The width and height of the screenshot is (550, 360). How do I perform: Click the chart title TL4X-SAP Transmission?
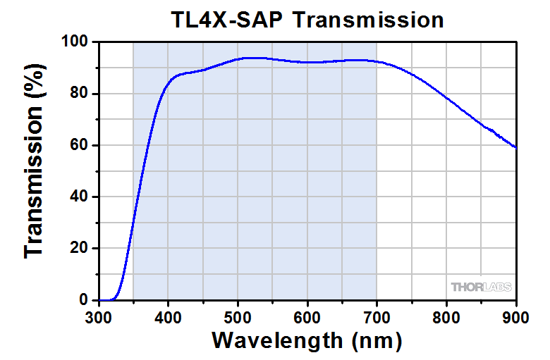(308, 19)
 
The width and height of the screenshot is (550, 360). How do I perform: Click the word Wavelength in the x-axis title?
(277, 340)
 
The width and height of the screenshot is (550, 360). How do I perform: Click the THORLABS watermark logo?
(482, 287)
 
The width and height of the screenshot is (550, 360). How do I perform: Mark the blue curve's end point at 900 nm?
(516, 148)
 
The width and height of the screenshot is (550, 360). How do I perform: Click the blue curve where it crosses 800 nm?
(446, 96)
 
